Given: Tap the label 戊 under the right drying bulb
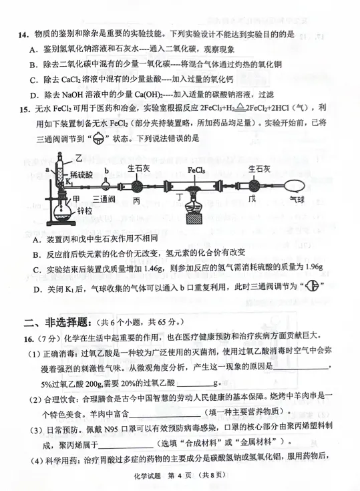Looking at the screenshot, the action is click(x=251, y=199).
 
